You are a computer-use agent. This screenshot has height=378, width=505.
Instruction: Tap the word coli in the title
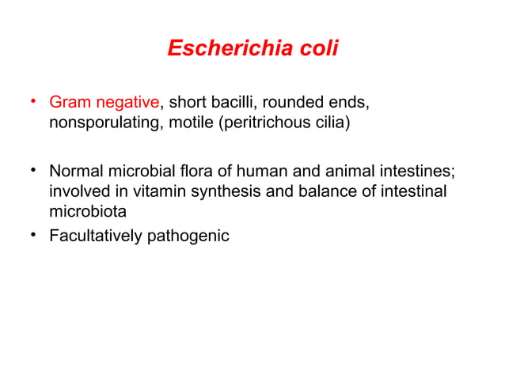click(x=316, y=49)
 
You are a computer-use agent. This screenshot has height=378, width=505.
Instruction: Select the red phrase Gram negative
click(x=104, y=103)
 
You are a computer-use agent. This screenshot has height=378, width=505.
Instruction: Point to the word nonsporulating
click(x=105, y=124)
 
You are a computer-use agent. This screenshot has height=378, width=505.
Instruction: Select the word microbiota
click(x=87, y=214)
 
